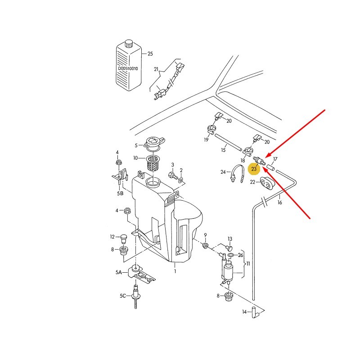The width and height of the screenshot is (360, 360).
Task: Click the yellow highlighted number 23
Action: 254,169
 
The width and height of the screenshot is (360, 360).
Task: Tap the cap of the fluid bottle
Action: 129,43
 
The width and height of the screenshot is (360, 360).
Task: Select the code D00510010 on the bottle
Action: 128,68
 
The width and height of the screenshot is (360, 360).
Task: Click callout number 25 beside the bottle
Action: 150,54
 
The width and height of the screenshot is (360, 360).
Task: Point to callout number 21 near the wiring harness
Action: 156,69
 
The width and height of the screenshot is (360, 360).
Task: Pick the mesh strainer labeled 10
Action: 153,163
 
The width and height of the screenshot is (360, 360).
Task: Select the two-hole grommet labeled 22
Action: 267,184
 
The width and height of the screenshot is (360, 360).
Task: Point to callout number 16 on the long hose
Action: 279,202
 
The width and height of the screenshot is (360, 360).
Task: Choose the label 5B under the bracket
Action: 120,193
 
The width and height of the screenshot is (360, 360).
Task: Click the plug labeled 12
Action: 124,239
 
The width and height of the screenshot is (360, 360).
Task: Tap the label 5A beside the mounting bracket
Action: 118,273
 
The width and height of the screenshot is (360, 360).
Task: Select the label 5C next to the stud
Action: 123,296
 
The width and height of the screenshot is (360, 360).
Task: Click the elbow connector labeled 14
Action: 255,312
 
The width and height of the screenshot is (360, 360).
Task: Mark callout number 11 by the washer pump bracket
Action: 248,264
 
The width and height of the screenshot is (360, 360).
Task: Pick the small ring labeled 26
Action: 231,255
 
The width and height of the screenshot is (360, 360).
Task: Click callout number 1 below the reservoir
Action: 175,271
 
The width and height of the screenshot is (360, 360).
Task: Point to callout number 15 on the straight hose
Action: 223,150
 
